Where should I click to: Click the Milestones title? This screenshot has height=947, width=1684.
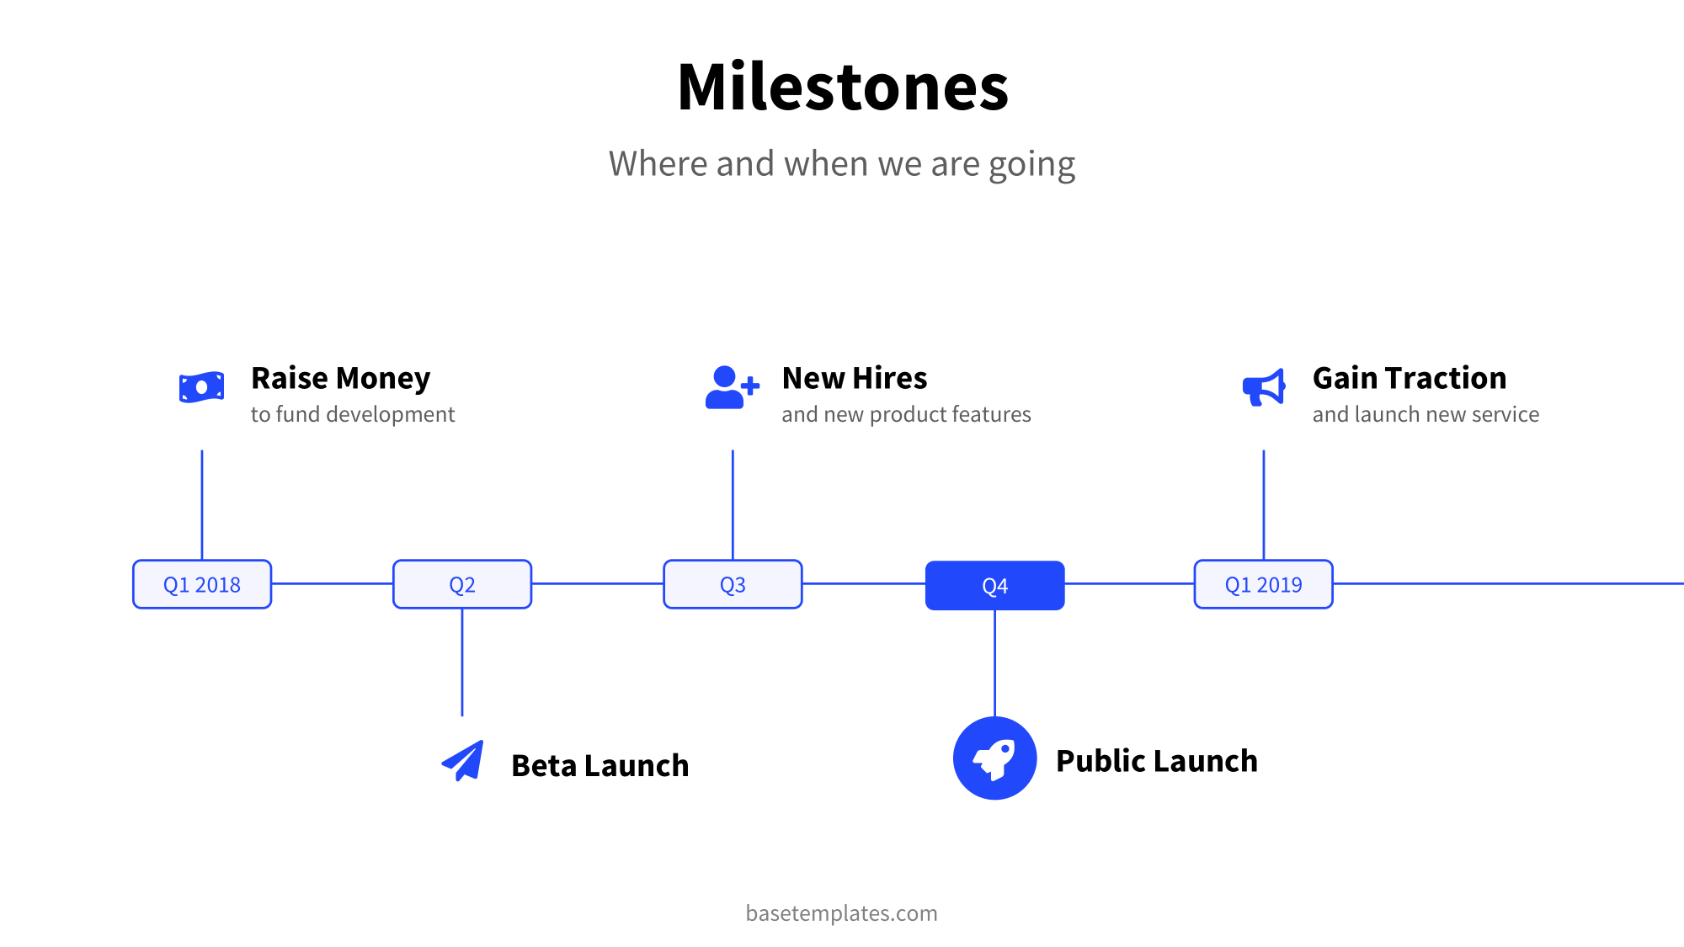tap(842, 87)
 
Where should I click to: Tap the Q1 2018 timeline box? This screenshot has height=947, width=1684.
tap(202, 584)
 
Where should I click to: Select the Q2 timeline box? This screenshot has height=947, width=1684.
tap(462, 584)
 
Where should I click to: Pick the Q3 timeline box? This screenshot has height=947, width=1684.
tap(733, 584)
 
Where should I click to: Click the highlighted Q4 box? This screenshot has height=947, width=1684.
tap(994, 585)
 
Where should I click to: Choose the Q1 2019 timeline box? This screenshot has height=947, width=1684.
tap(1263, 584)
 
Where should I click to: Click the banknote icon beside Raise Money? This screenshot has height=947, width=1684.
tap(201, 387)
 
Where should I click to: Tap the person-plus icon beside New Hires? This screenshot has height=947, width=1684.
tap(731, 387)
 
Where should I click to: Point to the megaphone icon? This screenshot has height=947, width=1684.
tap(1264, 387)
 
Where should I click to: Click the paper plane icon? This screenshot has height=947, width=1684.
tap(463, 761)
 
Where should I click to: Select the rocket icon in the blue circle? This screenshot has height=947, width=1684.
tap(994, 758)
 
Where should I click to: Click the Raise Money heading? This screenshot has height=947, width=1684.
tap(340, 379)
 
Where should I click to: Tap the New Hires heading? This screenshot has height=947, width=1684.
tap(854, 379)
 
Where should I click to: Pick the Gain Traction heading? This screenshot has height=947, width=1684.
tap(1409, 379)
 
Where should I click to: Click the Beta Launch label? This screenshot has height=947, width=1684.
tap(600, 766)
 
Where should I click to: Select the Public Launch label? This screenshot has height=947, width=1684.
tap(1156, 761)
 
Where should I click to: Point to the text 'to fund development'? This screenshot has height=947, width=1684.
tap(352, 414)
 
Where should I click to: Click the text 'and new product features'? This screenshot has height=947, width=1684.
tap(906, 414)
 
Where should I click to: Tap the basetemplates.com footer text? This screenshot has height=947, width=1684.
tap(841, 913)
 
